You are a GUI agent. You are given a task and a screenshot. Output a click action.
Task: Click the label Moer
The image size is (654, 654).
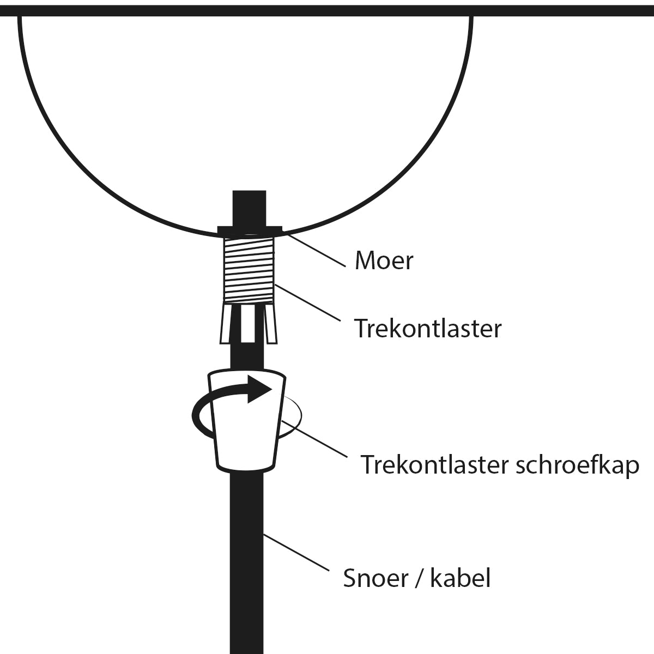tap(384, 261)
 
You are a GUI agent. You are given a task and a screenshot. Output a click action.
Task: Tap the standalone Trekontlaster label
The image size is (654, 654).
tap(428, 329)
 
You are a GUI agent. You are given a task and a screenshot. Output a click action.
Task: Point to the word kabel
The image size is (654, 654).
tap(460, 578)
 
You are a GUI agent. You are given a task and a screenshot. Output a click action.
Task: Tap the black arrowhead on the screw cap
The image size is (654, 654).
tap(259, 389)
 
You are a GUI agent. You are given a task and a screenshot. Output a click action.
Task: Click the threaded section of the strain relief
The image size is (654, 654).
tap(249, 270)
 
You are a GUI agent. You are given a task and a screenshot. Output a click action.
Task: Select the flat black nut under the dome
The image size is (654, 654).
tap(250, 231)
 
